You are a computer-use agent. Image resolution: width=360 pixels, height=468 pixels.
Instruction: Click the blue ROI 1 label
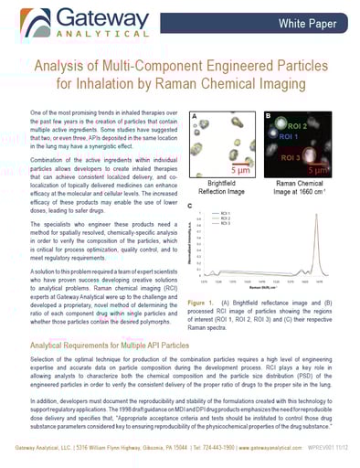point(290,136)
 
